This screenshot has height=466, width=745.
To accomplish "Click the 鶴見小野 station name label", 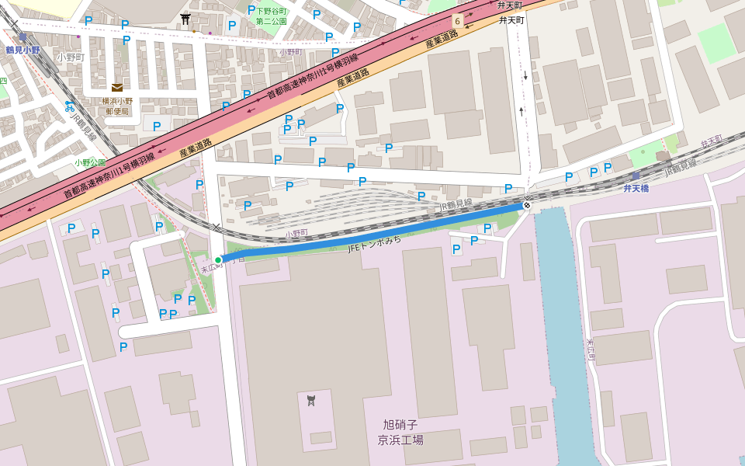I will coord(22,50).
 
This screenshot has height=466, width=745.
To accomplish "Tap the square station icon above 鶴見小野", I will coord(23,37).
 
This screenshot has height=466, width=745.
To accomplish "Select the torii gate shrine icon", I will coord(185,19).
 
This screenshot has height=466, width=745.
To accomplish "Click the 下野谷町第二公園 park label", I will coord(271,16).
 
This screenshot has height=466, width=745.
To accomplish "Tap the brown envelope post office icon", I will coord(116,88).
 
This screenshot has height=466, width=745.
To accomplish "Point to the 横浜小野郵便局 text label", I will coord(117,106).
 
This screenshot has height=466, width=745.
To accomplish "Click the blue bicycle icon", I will coord(69,106).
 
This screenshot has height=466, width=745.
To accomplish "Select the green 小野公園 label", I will coord(89,163).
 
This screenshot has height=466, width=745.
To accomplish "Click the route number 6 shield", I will coord(458,21).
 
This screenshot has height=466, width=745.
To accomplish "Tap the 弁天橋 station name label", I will coord(636,189).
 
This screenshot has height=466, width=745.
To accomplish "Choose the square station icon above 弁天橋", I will coord(636,176).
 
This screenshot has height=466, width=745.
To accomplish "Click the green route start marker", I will coord(218,259).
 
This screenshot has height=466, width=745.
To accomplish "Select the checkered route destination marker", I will coord(527,205).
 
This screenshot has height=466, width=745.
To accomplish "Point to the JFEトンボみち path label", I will coord(376,244).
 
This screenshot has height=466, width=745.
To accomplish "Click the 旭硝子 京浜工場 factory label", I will coord(400,432).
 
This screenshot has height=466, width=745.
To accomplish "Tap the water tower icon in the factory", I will coord(311,400).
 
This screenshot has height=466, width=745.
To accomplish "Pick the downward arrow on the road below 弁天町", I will coord(525,76).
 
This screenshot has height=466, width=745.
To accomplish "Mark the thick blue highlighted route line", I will coord(372,232).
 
